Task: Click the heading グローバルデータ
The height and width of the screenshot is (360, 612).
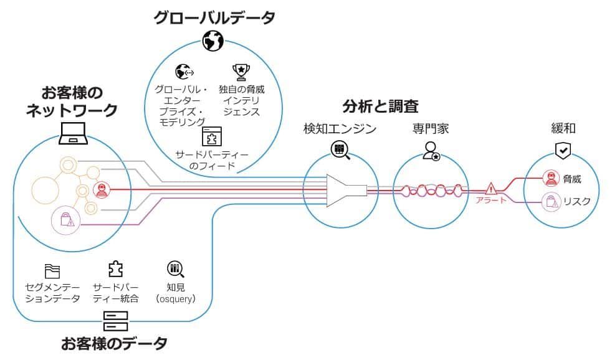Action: [214, 17]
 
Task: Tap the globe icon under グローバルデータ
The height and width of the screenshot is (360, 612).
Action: [213, 41]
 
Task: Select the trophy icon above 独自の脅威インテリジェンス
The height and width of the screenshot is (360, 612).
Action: [241, 72]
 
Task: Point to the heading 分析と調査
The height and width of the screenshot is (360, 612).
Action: [380, 105]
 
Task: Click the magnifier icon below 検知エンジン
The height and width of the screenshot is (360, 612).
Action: [340, 149]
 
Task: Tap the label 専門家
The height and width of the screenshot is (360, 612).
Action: [430, 129]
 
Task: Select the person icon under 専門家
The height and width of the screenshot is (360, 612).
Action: [431, 151]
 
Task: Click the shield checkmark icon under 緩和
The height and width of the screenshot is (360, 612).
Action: [563, 150]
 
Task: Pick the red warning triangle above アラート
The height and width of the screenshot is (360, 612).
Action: [491, 187]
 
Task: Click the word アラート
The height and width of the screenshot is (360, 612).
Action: [491, 200]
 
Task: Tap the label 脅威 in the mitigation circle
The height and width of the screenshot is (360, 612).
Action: [571, 179]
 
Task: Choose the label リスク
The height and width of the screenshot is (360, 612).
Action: [576, 201]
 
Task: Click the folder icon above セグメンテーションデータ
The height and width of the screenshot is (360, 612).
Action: [52, 271]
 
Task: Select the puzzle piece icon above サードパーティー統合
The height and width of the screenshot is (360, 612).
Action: [115, 269]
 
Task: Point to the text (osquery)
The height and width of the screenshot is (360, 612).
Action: [176, 299]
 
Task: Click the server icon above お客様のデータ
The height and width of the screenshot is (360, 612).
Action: [115, 321]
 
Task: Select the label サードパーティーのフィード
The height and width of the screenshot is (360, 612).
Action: [211, 160]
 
